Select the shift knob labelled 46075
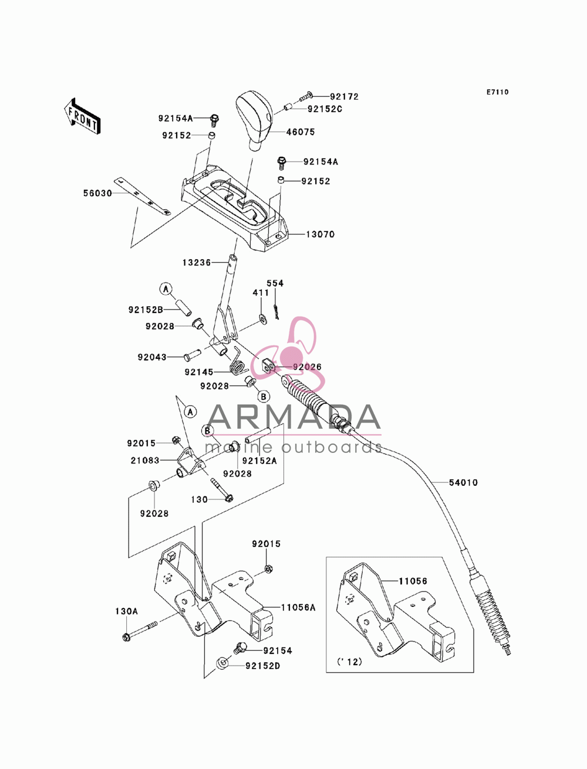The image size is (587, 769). (x=255, y=121)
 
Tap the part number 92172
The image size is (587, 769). (x=345, y=97)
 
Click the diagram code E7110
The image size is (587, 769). (x=497, y=92)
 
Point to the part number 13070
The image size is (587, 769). (x=321, y=234)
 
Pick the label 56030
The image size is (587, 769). (x=97, y=193)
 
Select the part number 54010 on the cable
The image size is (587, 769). (x=463, y=482)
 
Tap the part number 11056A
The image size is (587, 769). (x=298, y=607)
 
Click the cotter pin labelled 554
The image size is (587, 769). (x=276, y=311)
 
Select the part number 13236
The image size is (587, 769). (x=197, y=263)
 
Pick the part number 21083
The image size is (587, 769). (x=145, y=461)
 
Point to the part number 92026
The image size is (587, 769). (x=307, y=367)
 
